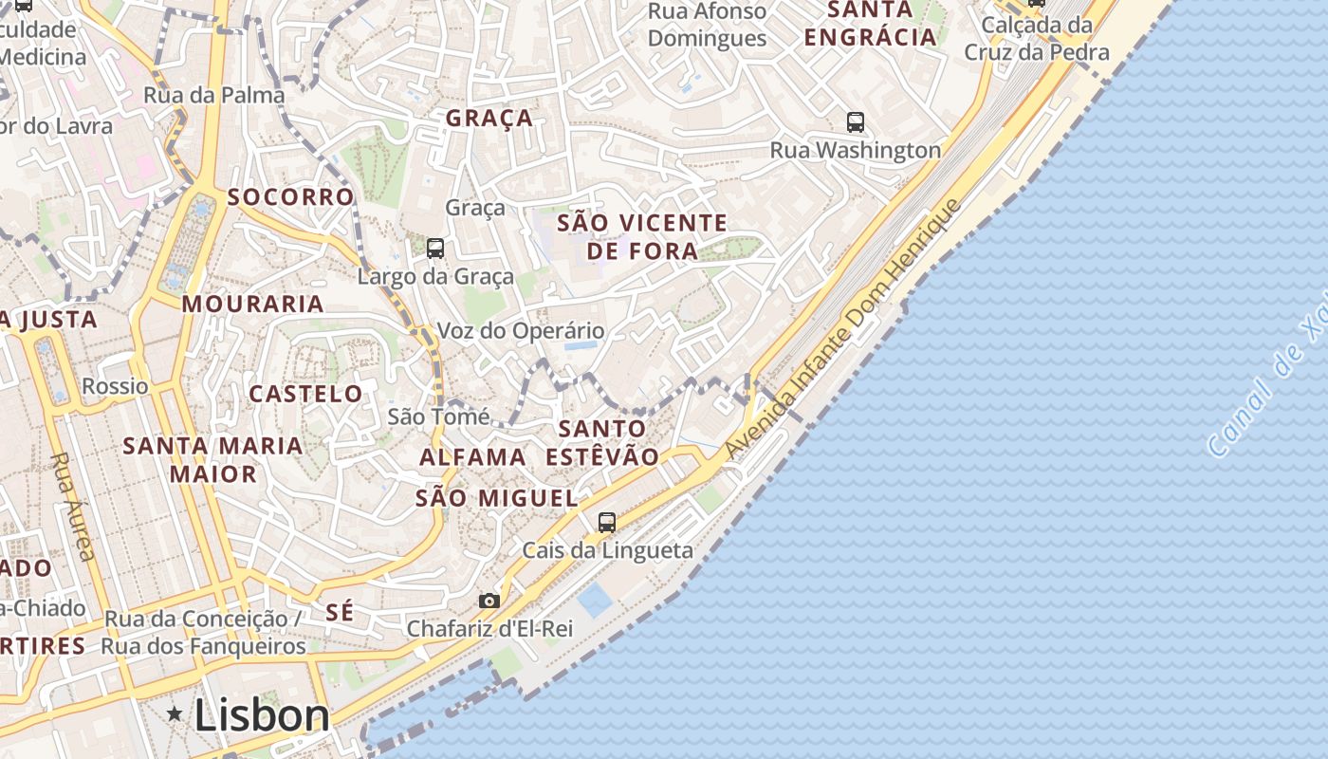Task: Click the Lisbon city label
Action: [x=262, y=715]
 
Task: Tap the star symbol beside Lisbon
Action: [x=175, y=713]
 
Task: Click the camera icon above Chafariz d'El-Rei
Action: [x=489, y=601]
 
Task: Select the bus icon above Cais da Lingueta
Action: [x=607, y=522]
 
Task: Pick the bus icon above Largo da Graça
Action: [x=435, y=249]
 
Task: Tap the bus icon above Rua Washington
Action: [x=856, y=121]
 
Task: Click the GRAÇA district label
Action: [x=489, y=119]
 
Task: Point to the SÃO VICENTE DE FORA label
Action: [x=642, y=236]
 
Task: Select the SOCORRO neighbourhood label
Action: [x=290, y=197]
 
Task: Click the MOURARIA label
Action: [x=253, y=304]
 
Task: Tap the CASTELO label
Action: [x=305, y=393]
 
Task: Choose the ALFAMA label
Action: [x=472, y=457]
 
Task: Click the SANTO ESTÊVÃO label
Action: [x=602, y=442]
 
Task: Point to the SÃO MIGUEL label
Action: [x=497, y=498]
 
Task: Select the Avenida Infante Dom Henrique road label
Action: [x=843, y=330]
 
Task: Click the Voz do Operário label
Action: [x=521, y=331]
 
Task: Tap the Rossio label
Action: [x=115, y=386]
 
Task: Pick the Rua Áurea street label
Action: [x=73, y=505]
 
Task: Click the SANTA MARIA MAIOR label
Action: [x=213, y=459]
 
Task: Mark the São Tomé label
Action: [x=439, y=417]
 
